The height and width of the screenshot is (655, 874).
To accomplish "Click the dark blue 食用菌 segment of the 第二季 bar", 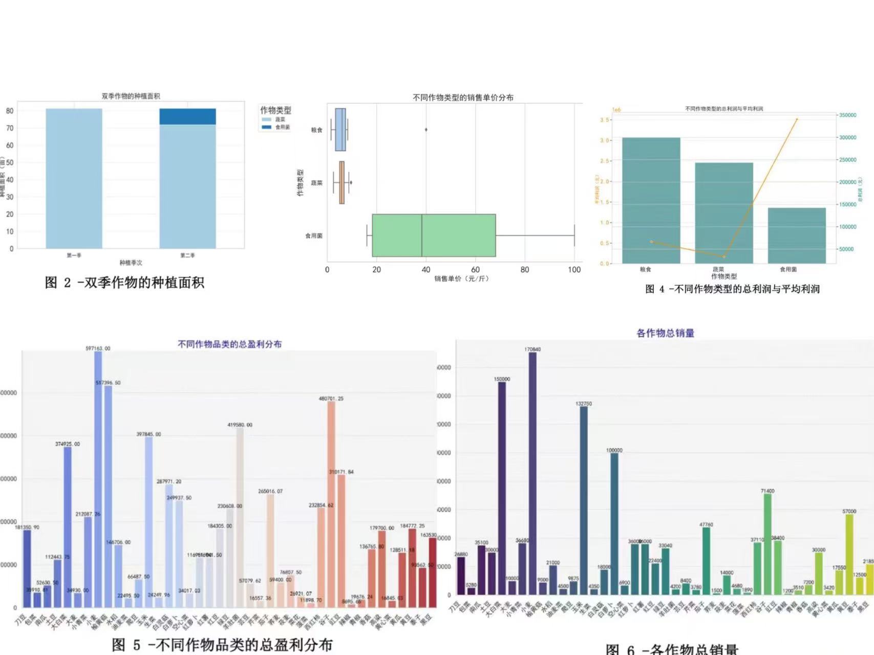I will pos(187,116).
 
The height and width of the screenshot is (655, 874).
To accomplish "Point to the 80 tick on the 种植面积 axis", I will pos(10,111).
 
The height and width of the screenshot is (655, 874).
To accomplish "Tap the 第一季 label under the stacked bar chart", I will pos(74,255).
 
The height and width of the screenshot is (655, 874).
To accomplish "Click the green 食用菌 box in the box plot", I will pos(434,236).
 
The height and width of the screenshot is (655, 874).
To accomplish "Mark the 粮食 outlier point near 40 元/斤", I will pos(426,130).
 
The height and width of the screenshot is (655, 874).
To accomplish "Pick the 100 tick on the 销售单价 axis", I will pos(574,270).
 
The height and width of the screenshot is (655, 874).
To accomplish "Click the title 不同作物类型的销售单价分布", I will pos(463,97).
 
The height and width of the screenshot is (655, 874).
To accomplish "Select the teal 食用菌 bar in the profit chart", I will pos(797,236).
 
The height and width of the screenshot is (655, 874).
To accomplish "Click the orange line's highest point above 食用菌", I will pos(797,119).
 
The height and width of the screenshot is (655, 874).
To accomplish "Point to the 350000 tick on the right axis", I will pos(847,115).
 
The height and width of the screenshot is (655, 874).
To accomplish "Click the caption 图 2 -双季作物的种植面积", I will pos(124,283).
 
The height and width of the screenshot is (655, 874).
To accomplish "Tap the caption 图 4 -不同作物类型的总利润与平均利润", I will pos(732,289).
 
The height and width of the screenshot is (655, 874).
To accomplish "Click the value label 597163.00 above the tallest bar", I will pos(98,348).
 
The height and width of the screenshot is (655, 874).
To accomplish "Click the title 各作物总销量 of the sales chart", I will pos(665,333).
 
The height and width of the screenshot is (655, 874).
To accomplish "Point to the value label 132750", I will pos(584,404).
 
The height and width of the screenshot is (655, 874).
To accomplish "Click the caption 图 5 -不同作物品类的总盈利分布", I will pos(222,645).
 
